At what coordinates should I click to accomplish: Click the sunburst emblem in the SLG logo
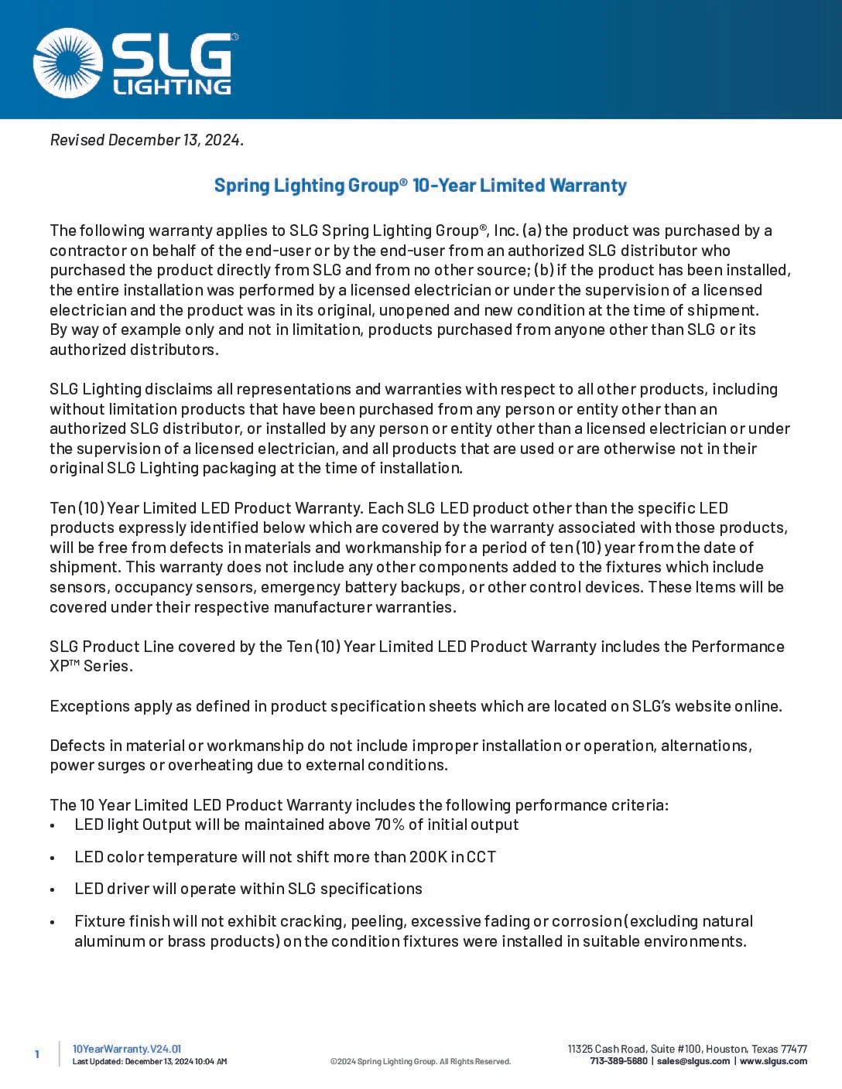tap(68, 63)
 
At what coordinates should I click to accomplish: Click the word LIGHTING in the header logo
tap(172, 86)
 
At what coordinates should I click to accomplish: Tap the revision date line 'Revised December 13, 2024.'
tap(147, 140)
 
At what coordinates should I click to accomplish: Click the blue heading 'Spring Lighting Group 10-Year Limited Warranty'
tap(420, 186)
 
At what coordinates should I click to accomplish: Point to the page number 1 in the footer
tap(36, 1054)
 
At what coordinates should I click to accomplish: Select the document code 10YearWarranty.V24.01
tap(127, 1049)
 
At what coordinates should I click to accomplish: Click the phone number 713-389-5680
tap(618, 1061)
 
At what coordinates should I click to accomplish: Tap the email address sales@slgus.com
tap(693, 1061)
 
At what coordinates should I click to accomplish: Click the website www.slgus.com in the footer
tap(773, 1061)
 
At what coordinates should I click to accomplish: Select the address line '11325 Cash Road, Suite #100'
tap(634, 1049)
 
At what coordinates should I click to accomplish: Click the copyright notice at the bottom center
tap(420, 1062)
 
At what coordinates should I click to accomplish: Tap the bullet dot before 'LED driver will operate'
tap(53, 890)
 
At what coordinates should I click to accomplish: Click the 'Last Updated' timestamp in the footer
tap(149, 1062)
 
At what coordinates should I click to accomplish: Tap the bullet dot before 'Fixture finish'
tap(53, 923)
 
